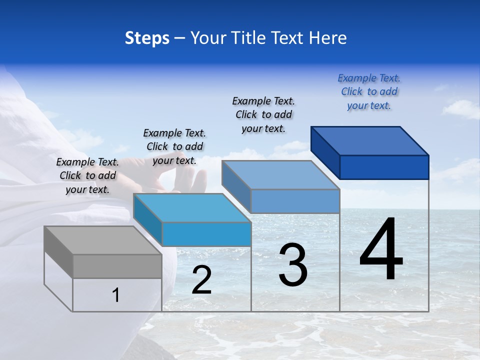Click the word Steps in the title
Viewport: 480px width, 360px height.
click(x=147, y=38)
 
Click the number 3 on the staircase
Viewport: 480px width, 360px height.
click(x=293, y=265)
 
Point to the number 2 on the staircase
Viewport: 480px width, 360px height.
click(x=201, y=280)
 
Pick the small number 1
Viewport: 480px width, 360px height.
click(x=116, y=295)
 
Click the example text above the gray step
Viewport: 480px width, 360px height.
click(x=87, y=175)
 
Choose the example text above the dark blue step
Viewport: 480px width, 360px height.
click(x=369, y=91)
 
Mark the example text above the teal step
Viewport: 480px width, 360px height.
click(x=174, y=146)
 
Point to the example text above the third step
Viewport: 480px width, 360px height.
click(x=263, y=114)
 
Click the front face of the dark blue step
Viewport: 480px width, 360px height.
click(x=384, y=167)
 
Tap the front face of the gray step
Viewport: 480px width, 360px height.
click(x=117, y=266)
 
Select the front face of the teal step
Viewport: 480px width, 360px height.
click(x=206, y=234)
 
